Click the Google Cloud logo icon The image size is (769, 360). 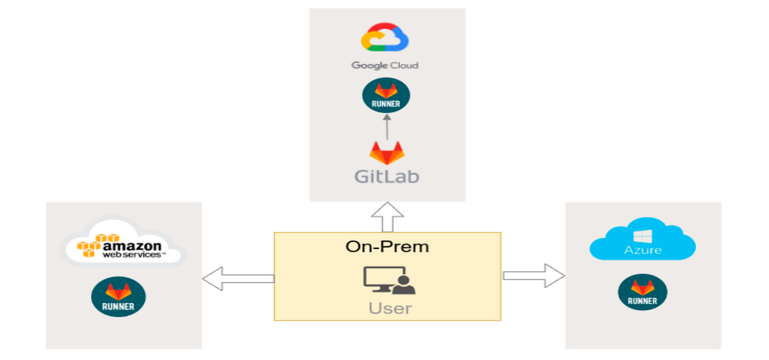coord(384,38)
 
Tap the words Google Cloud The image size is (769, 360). coord(384,65)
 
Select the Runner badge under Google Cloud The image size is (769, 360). coord(386,96)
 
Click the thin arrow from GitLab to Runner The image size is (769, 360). coord(386,126)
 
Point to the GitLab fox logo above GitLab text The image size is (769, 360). coord(386,154)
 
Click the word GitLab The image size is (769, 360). coord(387,176)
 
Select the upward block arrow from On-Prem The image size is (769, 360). coord(387,218)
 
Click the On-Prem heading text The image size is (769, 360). coord(387,246)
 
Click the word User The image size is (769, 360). coord(390,308)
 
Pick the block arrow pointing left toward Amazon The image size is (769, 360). coord(238,278)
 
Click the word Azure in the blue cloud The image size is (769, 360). coord(643,249)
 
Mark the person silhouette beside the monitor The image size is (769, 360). coord(405,285)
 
